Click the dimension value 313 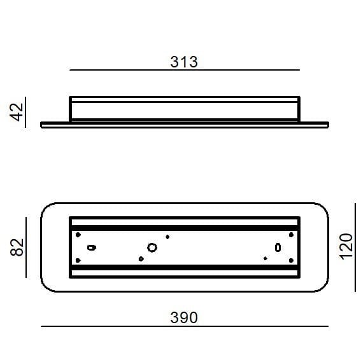click(184, 62)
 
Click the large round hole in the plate click(152, 247)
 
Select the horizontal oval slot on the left click(91, 247)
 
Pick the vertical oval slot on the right click(278, 247)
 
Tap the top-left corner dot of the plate click(78, 235)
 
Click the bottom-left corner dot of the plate click(78, 260)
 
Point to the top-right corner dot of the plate click(291, 235)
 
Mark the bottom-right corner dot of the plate click(291, 260)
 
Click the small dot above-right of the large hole click(167, 237)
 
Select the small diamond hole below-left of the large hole click(141, 258)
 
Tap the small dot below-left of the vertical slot click(265, 258)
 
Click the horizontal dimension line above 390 click(184, 326)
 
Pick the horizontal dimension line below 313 click(184, 70)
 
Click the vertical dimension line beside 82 click(26, 246)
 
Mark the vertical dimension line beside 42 click(26, 112)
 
